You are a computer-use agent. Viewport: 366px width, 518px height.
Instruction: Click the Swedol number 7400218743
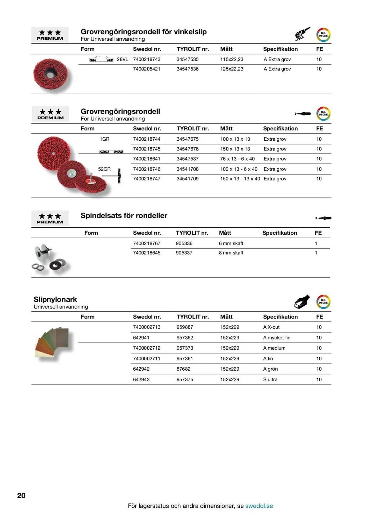(x=147, y=59)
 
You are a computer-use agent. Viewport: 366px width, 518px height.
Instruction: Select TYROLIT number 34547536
(x=188, y=69)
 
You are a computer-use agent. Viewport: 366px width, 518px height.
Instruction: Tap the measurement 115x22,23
(x=232, y=59)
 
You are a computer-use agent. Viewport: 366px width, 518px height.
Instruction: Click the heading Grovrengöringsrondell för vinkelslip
(x=143, y=32)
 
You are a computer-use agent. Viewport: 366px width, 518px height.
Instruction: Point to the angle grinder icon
(x=302, y=34)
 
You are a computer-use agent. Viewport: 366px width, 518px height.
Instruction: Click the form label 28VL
(x=122, y=59)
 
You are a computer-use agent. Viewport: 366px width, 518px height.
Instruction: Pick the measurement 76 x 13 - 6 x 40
(x=238, y=159)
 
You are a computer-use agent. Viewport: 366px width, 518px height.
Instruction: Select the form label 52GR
(x=104, y=169)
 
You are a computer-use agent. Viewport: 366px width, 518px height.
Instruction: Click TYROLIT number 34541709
(x=188, y=179)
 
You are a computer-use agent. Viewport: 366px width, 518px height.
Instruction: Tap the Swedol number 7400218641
(x=147, y=159)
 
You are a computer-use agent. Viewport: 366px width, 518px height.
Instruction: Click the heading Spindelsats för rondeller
(x=124, y=215)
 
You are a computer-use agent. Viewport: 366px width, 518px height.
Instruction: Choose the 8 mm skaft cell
(x=231, y=253)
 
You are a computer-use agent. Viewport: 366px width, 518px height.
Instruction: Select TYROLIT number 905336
(x=184, y=243)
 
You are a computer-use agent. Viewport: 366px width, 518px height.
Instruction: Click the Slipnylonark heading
(x=55, y=299)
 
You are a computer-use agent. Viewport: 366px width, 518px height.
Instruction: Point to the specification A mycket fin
(x=277, y=338)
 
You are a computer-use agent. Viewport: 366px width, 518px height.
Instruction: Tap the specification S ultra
(x=270, y=379)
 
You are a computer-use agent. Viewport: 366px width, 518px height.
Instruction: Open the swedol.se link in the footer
(x=259, y=506)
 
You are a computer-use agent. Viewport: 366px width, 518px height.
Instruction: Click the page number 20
(x=21, y=495)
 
